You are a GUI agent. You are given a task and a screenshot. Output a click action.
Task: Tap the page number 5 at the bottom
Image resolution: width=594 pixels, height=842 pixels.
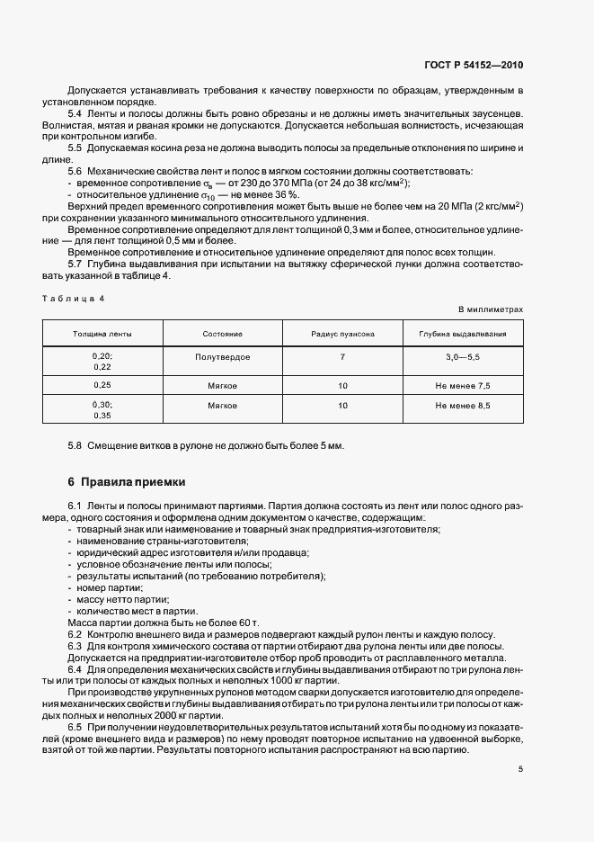[520, 769]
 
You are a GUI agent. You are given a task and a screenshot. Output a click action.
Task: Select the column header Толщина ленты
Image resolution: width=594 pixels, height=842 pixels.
[102, 334]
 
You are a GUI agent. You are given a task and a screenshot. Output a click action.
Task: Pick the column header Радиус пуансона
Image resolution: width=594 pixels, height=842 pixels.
[342, 334]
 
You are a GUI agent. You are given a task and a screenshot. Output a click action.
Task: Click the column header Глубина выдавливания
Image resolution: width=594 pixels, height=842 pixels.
[463, 334]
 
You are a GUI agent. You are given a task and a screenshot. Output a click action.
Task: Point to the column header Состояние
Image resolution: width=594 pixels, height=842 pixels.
[222, 334]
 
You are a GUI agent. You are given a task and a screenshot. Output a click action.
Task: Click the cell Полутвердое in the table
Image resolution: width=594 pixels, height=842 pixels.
[222, 357]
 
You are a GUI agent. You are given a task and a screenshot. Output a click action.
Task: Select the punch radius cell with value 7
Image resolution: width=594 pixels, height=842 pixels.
[342, 357]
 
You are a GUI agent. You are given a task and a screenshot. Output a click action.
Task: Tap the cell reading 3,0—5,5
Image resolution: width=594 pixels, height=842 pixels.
[463, 357]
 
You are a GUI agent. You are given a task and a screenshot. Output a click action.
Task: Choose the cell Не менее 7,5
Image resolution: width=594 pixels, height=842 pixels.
[463, 385]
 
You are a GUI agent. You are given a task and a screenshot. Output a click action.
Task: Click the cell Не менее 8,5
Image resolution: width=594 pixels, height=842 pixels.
[463, 406]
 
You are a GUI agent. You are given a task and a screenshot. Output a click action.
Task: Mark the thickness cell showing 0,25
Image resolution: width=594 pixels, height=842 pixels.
[102, 385]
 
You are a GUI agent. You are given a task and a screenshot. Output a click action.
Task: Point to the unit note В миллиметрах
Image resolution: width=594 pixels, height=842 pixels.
[491, 309]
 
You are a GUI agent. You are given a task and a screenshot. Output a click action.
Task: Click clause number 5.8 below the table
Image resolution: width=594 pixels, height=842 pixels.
[75, 445]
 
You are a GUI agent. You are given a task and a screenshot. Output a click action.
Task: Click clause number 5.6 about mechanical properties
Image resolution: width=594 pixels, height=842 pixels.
[75, 171]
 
